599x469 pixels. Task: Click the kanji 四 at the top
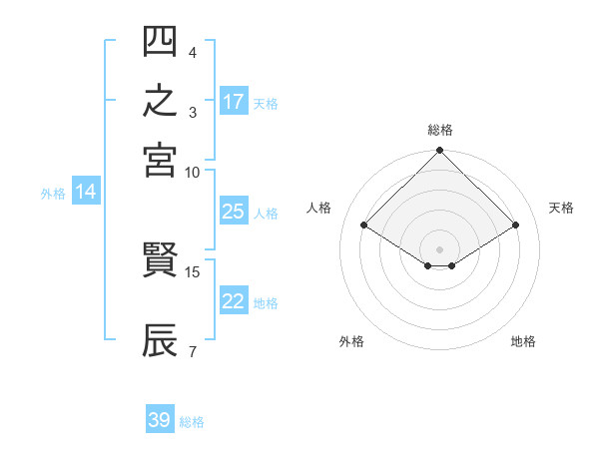pyautogui.click(x=160, y=41)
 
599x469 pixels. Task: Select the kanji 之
pyautogui.click(x=160, y=100)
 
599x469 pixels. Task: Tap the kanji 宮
pyautogui.click(x=160, y=161)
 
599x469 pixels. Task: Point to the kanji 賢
pyautogui.click(x=160, y=259)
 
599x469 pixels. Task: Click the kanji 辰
pyautogui.click(x=160, y=340)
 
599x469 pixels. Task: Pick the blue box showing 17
pyautogui.click(x=235, y=101)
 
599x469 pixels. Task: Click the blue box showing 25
pyautogui.click(x=235, y=211)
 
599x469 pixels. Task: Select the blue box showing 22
pyautogui.click(x=235, y=300)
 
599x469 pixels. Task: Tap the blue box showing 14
pyautogui.click(x=86, y=191)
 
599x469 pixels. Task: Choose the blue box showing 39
pyautogui.click(x=160, y=418)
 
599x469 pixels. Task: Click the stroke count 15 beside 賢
pyautogui.click(x=192, y=272)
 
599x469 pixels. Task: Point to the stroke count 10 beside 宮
pyautogui.click(x=192, y=173)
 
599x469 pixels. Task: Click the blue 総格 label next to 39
pyautogui.click(x=192, y=422)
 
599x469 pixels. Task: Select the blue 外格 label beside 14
pyautogui.click(x=53, y=194)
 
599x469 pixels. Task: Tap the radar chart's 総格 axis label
pyautogui.click(x=440, y=130)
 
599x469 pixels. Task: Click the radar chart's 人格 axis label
pyautogui.click(x=318, y=208)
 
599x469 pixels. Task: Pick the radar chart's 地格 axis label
pyautogui.click(x=523, y=341)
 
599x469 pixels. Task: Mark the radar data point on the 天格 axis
pyautogui.click(x=516, y=225)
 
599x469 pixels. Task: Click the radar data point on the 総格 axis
pyautogui.click(x=439, y=150)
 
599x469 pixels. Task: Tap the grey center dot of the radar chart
pyautogui.click(x=439, y=249)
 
